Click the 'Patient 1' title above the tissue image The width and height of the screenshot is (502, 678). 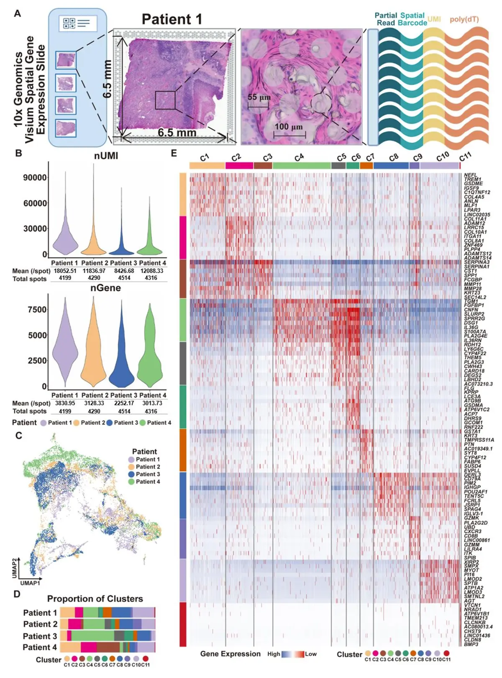[172, 19]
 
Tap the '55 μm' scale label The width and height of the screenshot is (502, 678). [259, 97]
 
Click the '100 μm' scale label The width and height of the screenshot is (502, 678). [288, 126]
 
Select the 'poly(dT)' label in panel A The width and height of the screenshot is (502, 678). [464, 19]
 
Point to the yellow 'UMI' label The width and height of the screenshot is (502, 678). [434, 19]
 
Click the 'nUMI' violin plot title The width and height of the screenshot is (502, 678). [106, 156]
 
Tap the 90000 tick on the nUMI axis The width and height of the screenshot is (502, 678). [35, 177]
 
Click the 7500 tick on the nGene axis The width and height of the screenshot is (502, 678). [37, 310]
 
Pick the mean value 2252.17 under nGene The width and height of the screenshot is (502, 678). [124, 403]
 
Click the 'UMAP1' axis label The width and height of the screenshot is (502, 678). [30, 583]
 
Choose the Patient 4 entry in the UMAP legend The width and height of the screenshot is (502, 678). [148, 482]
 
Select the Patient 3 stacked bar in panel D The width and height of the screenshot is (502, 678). [108, 636]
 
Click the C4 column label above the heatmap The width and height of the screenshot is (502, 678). [299, 158]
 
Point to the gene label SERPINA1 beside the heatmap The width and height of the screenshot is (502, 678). [476, 267]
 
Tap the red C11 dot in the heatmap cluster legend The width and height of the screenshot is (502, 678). [446, 653]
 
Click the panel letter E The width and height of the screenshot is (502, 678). [174, 153]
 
